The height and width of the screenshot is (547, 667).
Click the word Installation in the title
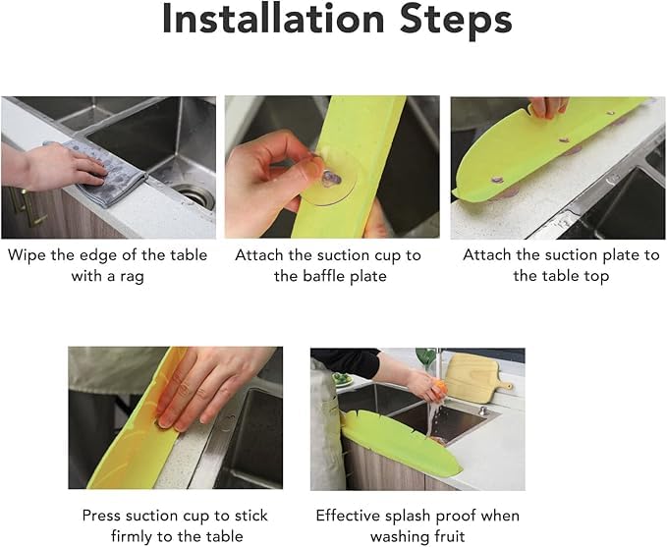click(273, 19)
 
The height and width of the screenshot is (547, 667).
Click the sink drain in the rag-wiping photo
click(194, 196)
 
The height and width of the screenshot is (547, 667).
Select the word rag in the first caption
click(132, 277)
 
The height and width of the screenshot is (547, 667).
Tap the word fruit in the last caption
click(449, 536)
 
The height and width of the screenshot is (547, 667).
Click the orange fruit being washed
click(441, 388)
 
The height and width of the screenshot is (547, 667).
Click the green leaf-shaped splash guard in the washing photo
click(400, 445)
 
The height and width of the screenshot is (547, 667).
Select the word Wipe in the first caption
click(27, 255)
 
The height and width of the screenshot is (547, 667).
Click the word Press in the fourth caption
click(102, 516)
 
